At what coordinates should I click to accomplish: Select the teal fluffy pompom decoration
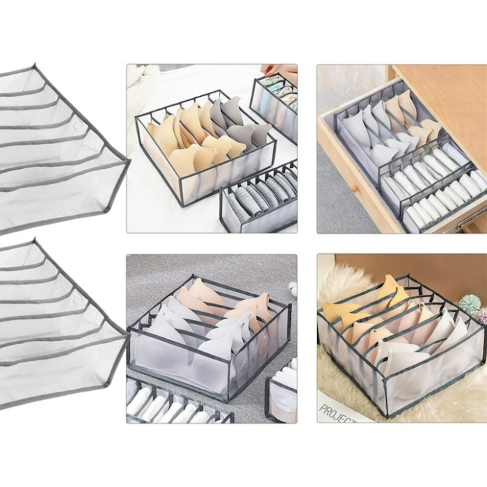point(469,304)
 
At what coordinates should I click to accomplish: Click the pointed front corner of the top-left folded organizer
point(128,163)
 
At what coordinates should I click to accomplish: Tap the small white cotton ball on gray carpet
point(293,289)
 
